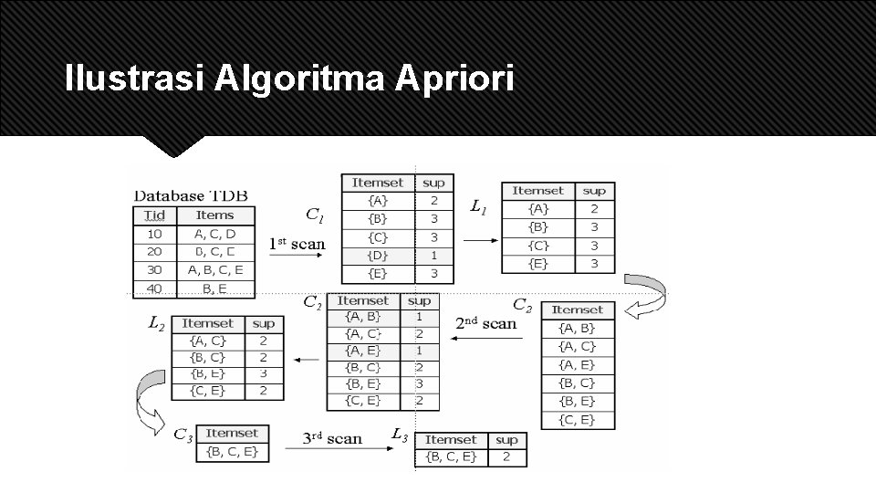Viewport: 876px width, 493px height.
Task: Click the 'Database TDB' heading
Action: (191, 195)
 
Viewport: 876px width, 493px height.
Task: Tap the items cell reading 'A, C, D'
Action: (215, 234)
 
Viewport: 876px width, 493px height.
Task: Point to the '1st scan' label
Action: (297, 244)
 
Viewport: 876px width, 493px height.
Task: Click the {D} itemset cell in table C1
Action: (378, 256)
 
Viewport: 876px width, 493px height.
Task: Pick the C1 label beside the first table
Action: (314, 215)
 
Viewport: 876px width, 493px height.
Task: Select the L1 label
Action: (478, 207)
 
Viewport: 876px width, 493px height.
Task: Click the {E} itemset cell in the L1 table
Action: (537, 264)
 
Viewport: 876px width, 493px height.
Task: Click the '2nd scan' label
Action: (486, 323)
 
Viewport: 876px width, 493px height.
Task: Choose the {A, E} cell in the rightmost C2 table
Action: (577, 364)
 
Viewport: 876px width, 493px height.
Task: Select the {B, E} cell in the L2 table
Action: (207, 373)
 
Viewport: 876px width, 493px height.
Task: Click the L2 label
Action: (156, 322)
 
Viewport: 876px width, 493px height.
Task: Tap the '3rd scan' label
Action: (332, 438)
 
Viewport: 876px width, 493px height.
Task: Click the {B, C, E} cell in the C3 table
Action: (232, 451)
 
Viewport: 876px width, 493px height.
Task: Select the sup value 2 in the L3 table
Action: (506, 457)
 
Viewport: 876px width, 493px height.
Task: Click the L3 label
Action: (400, 435)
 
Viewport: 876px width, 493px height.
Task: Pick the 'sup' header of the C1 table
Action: (433, 183)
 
